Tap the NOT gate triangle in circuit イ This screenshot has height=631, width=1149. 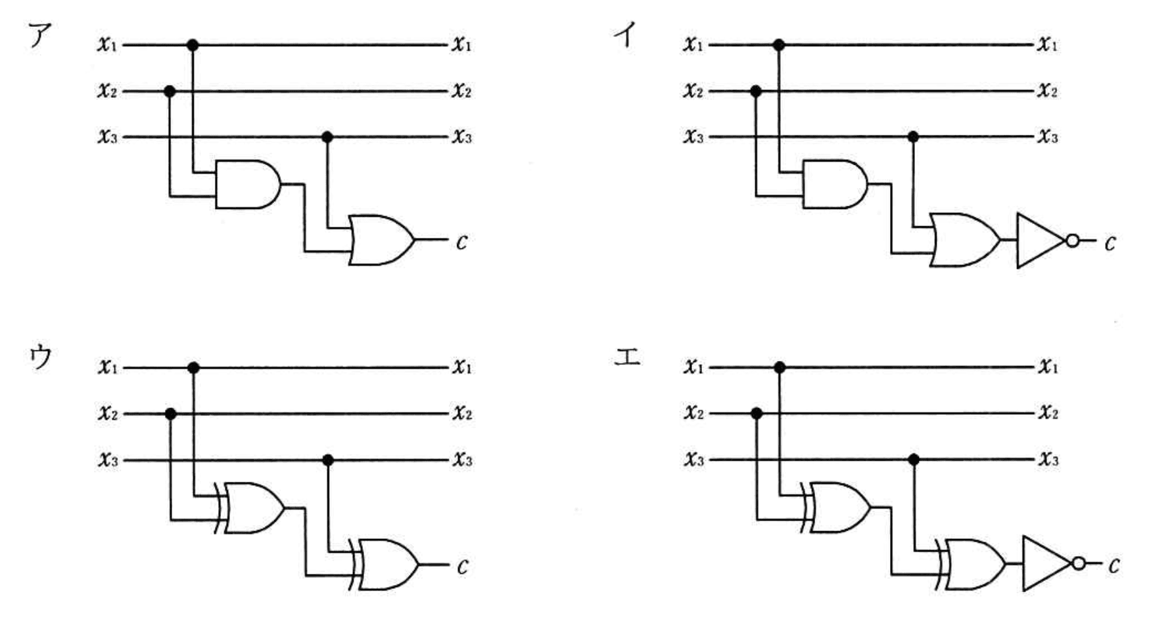point(1039,241)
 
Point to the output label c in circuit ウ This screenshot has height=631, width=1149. point(463,566)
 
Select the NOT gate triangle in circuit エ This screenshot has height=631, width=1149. point(1045,564)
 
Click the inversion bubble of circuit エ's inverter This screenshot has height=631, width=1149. point(1079,563)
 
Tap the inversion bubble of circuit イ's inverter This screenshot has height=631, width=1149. point(1073,241)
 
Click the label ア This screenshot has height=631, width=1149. point(39,35)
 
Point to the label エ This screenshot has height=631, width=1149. point(627,358)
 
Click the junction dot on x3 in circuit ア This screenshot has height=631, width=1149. point(327,137)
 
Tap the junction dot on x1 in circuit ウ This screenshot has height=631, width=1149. point(193,368)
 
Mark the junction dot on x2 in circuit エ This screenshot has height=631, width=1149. point(757,413)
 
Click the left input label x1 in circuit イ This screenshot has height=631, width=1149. point(693,45)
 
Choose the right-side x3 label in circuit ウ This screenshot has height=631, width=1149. point(462,459)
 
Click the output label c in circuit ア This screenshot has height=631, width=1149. point(461,243)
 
